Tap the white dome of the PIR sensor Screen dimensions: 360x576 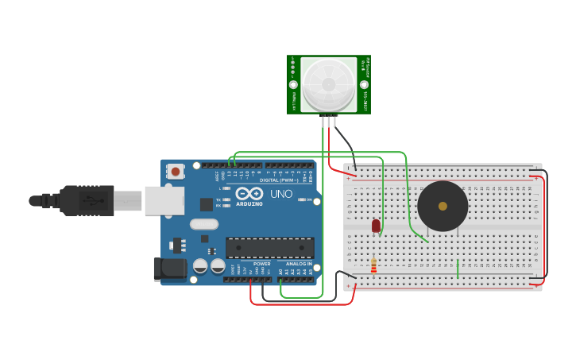pyautogui.click(x=328, y=83)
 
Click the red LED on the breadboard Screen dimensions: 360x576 pyautogui.click(x=376, y=226)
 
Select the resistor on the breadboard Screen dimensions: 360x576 pyautogui.click(x=373, y=264)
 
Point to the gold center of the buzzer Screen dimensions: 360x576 pyautogui.click(x=443, y=206)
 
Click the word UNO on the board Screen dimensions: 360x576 pyautogui.click(x=281, y=194)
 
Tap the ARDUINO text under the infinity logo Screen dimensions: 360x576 pyautogui.click(x=249, y=203)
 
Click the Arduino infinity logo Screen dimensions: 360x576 pyautogui.click(x=249, y=193)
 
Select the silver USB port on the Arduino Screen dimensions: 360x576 pyautogui.click(x=164, y=200)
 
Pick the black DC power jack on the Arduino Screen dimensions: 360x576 pyautogui.click(x=169, y=269)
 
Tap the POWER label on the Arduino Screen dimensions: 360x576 pyautogui.click(x=262, y=264)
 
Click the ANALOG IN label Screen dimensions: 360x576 pyautogui.click(x=299, y=264)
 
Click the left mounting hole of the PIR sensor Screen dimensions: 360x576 pyautogui.click(x=293, y=84)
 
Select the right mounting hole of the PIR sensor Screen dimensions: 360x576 pyautogui.click(x=364, y=84)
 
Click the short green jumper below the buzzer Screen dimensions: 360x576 pyautogui.click(x=458, y=268)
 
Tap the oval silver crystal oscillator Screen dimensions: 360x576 pyautogui.click(x=204, y=224)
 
